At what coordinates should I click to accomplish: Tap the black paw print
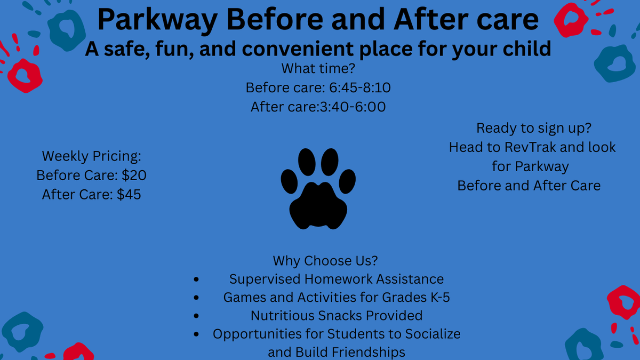pyautogui.click(x=318, y=189)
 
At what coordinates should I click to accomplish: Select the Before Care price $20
pyautogui.click(x=134, y=175)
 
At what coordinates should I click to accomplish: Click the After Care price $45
pyautogui.click(x=129, y=194)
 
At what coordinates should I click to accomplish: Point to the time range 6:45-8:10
pyautogui.click(x=359, y=87)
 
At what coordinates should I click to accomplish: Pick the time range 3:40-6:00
pyautogui.click(x=353, y=107)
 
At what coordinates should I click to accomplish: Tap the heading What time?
pyautogui.click(x=318, y=68)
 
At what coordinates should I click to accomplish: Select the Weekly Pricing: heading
pyautogui.click(x=91, y=156)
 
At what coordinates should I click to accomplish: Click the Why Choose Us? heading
pyautogui.click(x=325, y=261)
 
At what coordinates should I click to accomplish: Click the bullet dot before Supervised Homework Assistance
pyautogui.click(x=196, y=279)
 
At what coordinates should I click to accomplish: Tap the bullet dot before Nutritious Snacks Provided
pyautogui.click(x=196, y=316)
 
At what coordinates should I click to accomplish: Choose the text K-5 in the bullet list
pyautogui.click(x=440, y=297)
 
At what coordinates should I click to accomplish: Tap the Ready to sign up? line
pyautogui.click(x=534, y=128)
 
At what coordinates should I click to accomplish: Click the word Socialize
pyautogui.click(x=433, y=334)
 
